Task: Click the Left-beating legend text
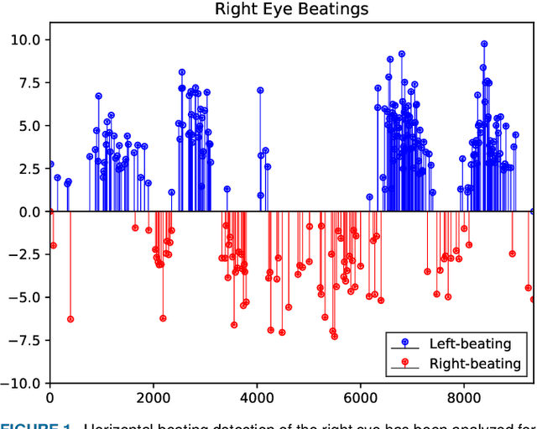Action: pos(470,343)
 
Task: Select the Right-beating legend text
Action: pos(474,364)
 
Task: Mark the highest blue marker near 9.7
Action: pos(484,44)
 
